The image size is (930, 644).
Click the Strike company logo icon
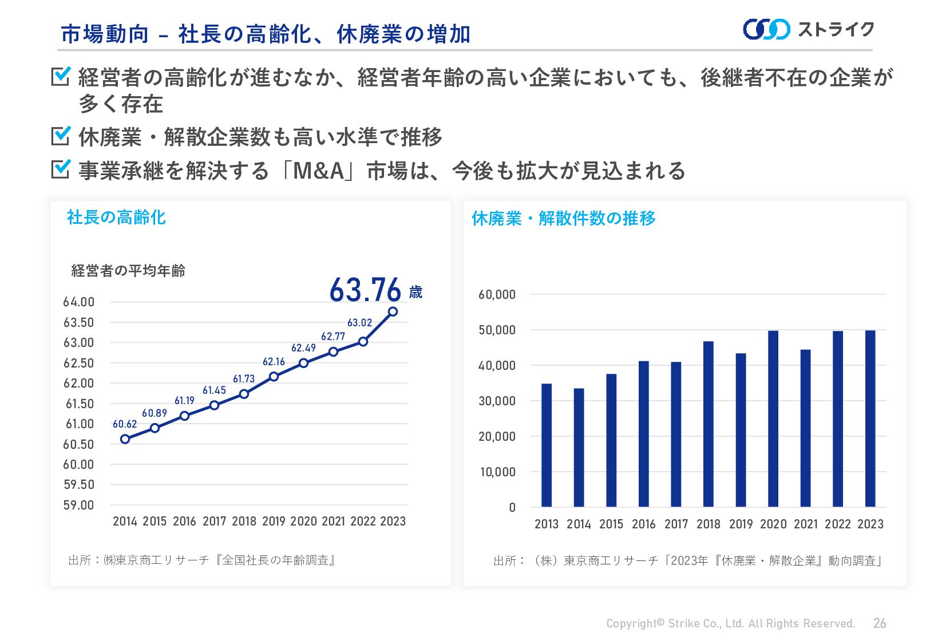point(766,29)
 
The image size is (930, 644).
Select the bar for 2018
point(708,424)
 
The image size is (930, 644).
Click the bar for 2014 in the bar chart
point(579,447)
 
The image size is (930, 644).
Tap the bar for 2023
point(870,418)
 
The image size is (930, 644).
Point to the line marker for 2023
point(393,311)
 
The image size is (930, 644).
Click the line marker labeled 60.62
point(125,439)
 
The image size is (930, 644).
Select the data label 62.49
point(303,348)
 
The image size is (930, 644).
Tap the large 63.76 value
point(365,290)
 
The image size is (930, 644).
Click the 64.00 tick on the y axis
point(78,302)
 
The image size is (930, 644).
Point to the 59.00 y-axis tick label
point(78,505)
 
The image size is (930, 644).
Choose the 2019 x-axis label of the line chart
point(274,521)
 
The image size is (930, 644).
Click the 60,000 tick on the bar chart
point(497,295)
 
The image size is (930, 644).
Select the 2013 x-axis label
point(546,524)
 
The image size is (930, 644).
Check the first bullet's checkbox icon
point(61,76)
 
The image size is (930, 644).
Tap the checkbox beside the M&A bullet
point(61,169)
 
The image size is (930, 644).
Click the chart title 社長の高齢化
point(116,218)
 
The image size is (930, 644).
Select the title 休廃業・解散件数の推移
point(563,218)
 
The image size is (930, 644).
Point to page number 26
point(880,623)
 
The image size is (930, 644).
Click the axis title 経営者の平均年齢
point(128,271)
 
